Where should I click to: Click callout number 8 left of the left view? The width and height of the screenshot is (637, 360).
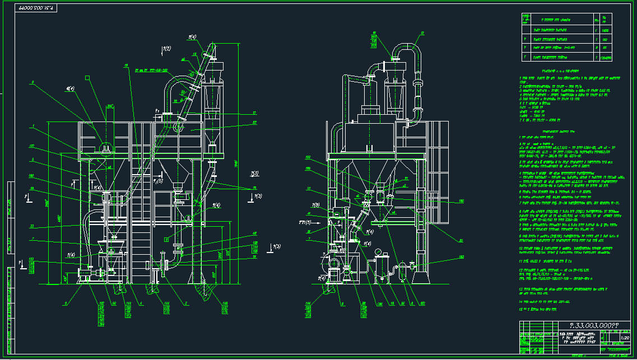[x=33, y=82]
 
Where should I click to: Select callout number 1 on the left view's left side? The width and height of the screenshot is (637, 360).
[x=33, y=125]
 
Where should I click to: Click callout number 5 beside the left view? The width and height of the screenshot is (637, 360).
[x=33, y=160]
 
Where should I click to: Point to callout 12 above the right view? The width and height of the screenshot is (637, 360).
[x=422, y=33]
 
